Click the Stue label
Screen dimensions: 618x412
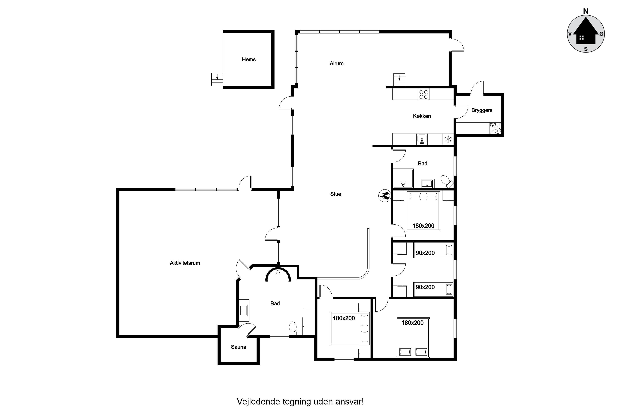pyautogui.click(x=336, y=194)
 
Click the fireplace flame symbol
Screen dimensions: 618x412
pyautogui.click(x=385, y=196)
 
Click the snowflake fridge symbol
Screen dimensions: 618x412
pyautogui.click(x=448, y=139)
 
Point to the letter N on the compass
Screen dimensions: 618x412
pyautogui.click(x=586, y=11)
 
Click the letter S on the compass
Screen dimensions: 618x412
pyautogui.click(x=586, y=49)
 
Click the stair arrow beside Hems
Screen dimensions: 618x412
pyautogui.click(x=217, y=77)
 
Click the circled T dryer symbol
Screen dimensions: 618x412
pyautogui.click(x=498, y=131)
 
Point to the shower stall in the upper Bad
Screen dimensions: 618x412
pyautogui.click(x=403, y=179)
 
